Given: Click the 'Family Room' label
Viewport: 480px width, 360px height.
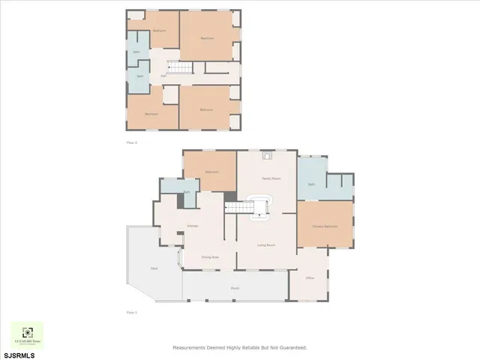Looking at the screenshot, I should (271, 179).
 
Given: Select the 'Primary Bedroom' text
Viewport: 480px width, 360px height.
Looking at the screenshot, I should (325, 226).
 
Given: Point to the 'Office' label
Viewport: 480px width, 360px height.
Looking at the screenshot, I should (310, 278).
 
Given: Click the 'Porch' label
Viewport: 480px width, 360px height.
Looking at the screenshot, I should (235, 287).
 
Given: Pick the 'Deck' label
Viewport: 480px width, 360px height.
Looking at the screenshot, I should (154, 268).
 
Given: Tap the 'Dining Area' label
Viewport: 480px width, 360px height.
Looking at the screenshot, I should (210, 257).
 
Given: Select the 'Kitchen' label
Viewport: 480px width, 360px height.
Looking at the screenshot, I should (193, 226).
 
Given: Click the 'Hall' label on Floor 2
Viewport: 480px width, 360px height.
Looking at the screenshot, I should (163, 76).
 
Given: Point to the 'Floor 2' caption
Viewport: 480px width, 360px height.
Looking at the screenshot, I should (131, 142).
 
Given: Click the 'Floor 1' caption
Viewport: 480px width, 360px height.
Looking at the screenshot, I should (131, 313).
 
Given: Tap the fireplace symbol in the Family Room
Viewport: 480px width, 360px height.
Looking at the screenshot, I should (265, 157).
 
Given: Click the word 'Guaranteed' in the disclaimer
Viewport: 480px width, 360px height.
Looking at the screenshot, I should (292, 348).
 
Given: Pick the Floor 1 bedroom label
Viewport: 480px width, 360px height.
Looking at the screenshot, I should (211, 172).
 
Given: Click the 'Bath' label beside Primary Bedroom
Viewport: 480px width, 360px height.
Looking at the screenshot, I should (310, 184).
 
